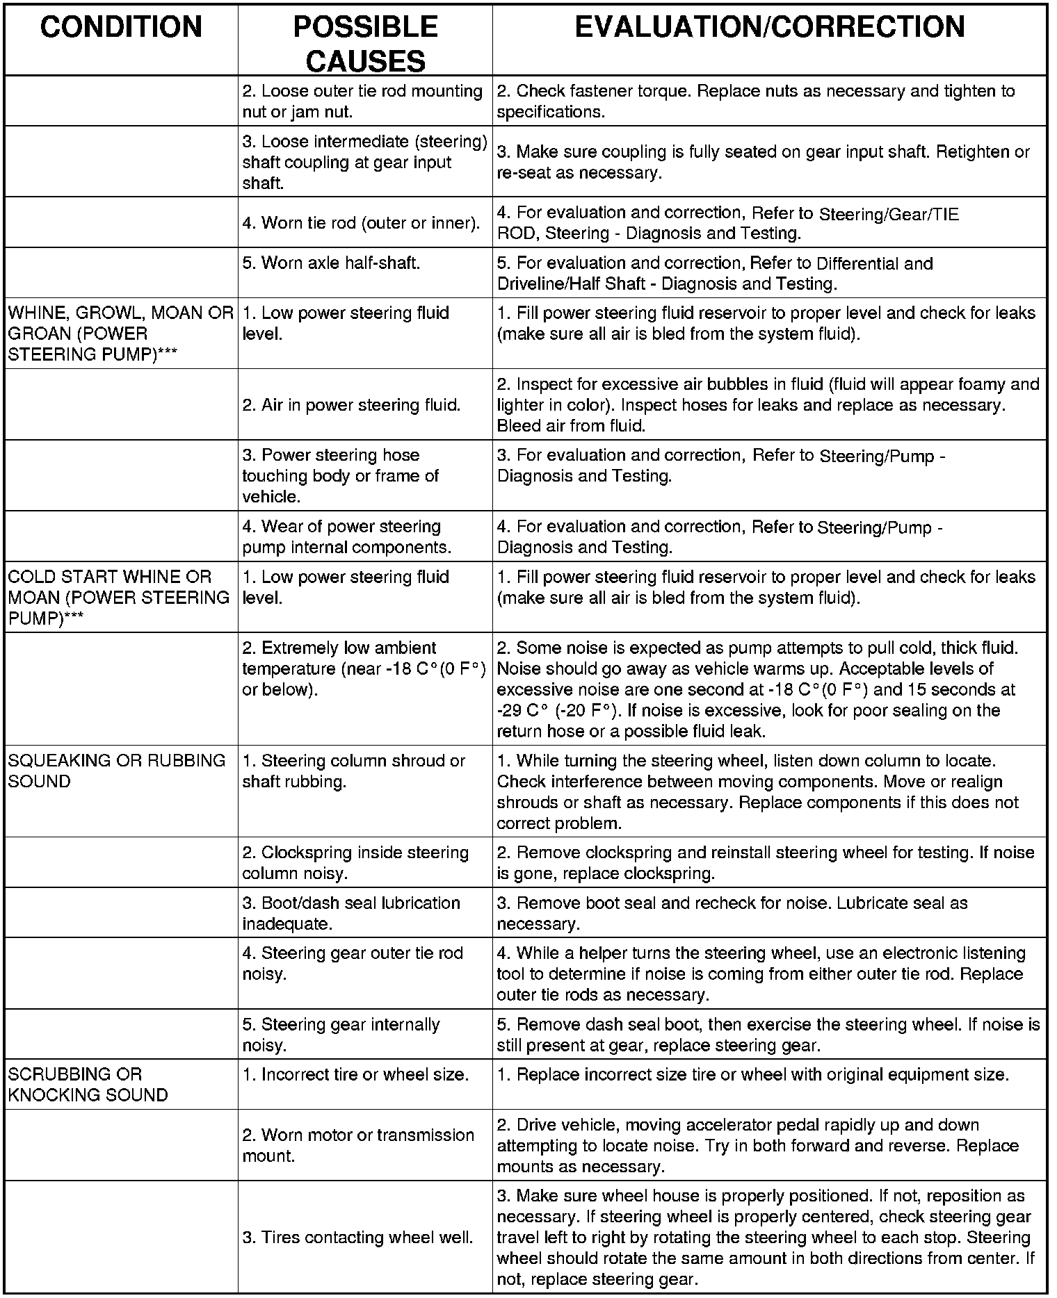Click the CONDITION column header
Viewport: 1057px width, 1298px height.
[x=121, y=28]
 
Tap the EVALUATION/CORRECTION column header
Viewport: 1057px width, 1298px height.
[x=769, y=28]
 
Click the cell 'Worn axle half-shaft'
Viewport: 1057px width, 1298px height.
[x=331, y=263]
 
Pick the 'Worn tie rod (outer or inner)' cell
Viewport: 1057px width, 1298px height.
[x=361, y=223]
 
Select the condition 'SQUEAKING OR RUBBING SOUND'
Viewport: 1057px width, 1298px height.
[x=117, y=771]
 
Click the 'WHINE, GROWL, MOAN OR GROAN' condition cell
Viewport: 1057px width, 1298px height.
[x=120, y=334]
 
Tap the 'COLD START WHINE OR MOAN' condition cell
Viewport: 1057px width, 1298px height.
[x=118, y=597]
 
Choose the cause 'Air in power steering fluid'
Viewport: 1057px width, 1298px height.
[x=351, y=405]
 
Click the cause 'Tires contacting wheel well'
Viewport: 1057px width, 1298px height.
[x=357, y=1238]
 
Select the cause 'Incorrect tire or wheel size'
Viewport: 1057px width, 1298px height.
[x=355, y=1074]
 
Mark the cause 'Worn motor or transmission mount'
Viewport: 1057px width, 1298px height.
[x=358, y=1145]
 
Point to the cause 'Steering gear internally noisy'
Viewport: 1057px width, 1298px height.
[x=341, y=1035]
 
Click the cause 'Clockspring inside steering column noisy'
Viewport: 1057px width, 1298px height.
[x=355, y=862]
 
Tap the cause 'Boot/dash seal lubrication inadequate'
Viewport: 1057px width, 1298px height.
[x=351, y=913]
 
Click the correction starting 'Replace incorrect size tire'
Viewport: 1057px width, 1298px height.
[x=752, y=1074]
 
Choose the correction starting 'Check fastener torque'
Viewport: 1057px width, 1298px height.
[x=755, y=101]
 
